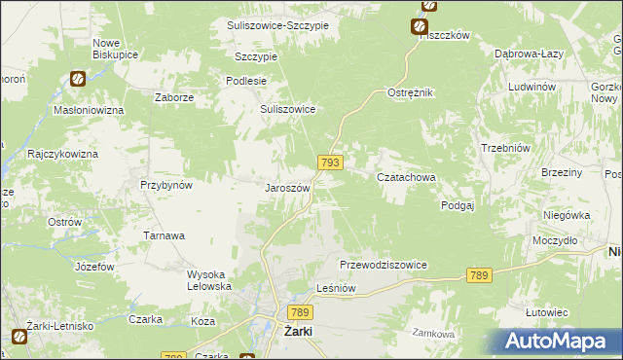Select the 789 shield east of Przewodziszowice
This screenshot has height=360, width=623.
(x=477, y=275)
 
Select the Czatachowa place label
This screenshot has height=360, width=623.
(x=405, y=177)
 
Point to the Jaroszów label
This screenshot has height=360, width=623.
(x=288, y=188)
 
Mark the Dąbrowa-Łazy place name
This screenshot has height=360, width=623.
(x=526, y=54)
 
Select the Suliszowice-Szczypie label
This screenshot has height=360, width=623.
(x=276, y=24)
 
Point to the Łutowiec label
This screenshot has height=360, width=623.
(x=546, y=311)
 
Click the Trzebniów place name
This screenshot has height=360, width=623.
(x=504, y=147)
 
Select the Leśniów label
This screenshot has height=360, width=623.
(x=340, y=288)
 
